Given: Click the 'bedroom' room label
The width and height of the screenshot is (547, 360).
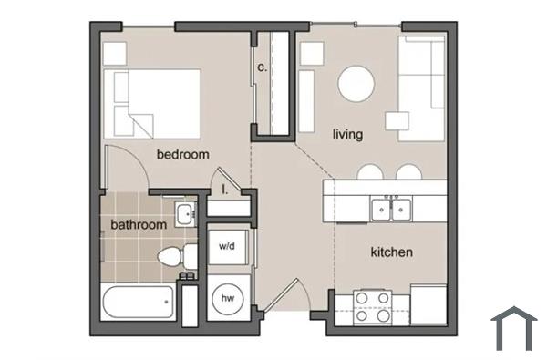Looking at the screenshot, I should click(x=183, y=154).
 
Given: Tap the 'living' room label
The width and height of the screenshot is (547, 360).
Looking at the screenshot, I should click(x=347, y=134).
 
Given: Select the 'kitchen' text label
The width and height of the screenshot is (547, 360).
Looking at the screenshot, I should click(x=392, y=251).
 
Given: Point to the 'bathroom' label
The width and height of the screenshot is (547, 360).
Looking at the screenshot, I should click(x=139, y=224).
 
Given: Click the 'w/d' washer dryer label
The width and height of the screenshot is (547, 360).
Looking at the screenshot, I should click(x=226, y=246).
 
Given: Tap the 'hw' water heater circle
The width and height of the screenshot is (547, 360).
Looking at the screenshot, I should click(x=226, y=298).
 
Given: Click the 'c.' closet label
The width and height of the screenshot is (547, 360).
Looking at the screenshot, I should click(x=262, y=67).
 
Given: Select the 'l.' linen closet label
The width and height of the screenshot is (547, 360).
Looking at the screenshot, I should click(x=224, y=190).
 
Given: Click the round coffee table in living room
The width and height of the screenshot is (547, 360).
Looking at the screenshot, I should click(x=357, y=85).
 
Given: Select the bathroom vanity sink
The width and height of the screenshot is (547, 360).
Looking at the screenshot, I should click(x=184, y=215).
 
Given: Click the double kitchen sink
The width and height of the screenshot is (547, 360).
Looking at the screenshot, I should click(x=393, y=209).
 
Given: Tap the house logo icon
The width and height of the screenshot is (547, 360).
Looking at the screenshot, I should click(x=513, y=329).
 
